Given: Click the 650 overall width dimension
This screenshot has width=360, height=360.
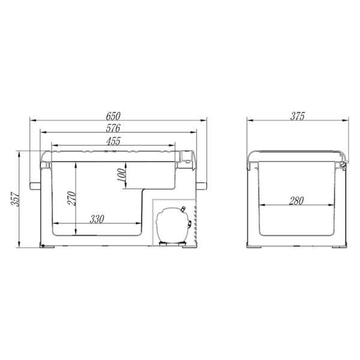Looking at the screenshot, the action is (x=113, y=116).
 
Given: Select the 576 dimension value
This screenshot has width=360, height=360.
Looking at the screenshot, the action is (x=113, y=128).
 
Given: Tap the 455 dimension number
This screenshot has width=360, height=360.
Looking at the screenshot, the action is (x=113, y=141).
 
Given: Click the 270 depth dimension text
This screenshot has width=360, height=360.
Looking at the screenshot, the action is (x=71, y=198).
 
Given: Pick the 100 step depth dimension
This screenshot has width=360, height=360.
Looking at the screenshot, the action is (x=122, y=175).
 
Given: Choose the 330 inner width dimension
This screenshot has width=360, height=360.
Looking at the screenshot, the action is (x=97, y=219).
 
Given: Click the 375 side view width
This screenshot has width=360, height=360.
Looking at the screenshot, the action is (x=298, y=116).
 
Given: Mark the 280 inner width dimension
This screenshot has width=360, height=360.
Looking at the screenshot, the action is (x=296, y=200).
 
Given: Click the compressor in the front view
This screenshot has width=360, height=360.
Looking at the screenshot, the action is (x=173, y=225).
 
